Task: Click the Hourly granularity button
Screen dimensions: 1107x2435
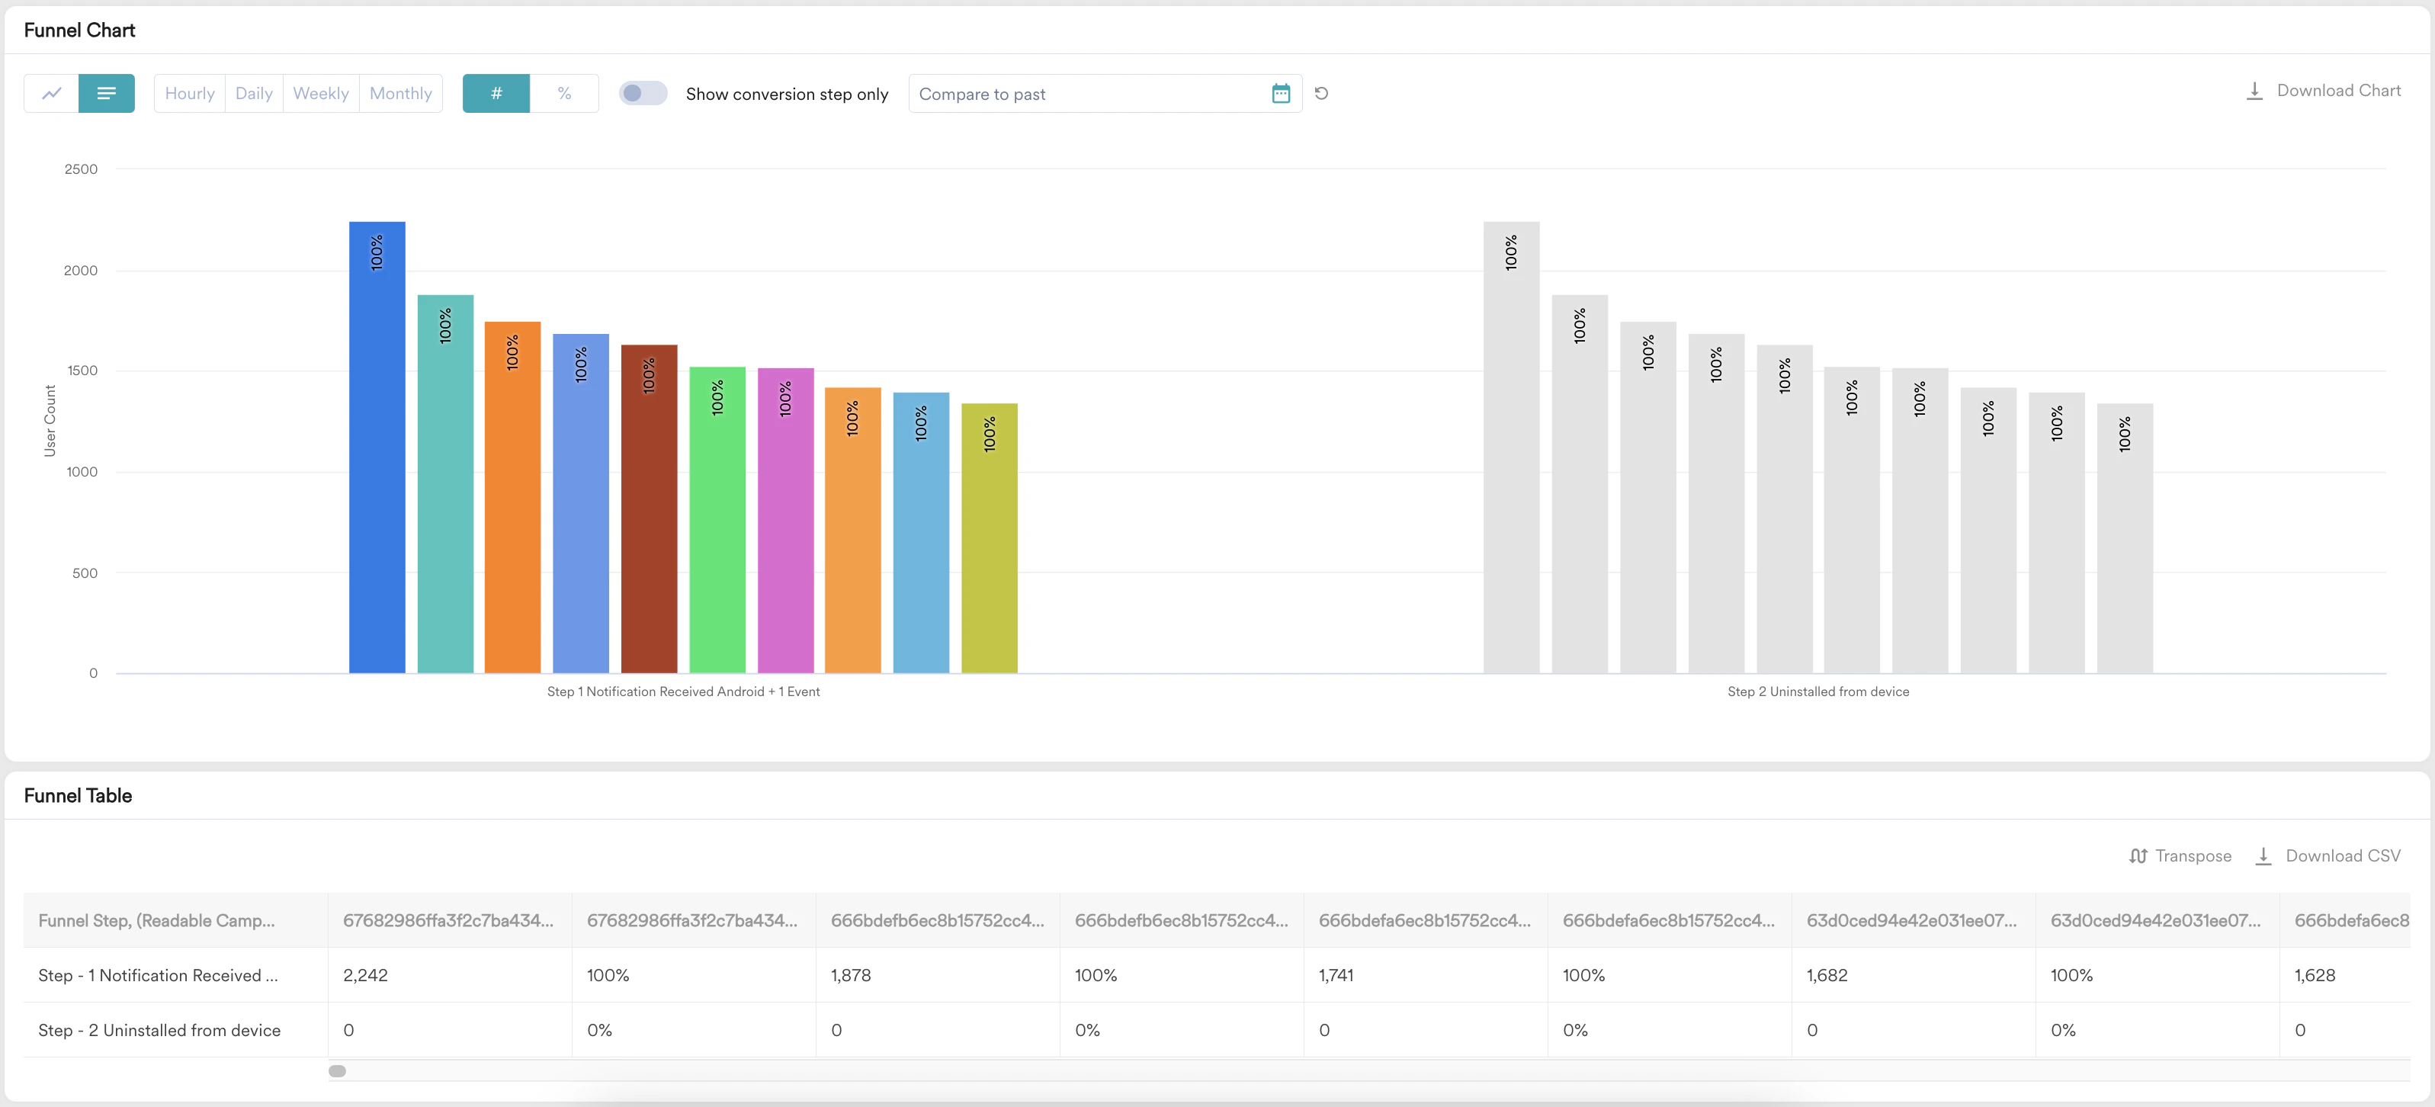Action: pyautogui.click(x=189, y=94)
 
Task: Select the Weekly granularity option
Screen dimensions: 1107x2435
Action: pyautogui.click(x=320, y=94)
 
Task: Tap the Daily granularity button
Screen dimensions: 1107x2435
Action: pyautogui.click(x=253, y=94)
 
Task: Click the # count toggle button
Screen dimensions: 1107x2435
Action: pyautogui.click(x=496, y=94)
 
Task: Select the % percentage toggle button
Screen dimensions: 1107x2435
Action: pyautogui.click(x=564, y=94)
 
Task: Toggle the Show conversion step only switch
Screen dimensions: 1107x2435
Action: pyautogui.click(x=643, y=94)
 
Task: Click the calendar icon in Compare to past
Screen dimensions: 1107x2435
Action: pyautogui.click(x=1281, y=94)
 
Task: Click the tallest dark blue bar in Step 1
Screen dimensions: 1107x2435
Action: pyautogui.click(x=377, y=454)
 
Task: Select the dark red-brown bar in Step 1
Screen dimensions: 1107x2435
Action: pyautogui.click(x=649, y=511)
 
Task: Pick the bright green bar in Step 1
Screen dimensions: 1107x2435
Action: pyautogui.click(x=717, y=520)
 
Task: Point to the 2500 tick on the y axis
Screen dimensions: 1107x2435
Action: pyautogui.click(x=82, y=169)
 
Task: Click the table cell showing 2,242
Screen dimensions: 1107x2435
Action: pyautogui.click(x=366, y=974)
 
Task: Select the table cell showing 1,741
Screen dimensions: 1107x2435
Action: pyautogui.click(x=1336, y=974)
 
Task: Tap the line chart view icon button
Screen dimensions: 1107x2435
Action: pyautogui.click(x=52, y=94)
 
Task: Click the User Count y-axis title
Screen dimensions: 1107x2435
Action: pyautogui.click(x=50, y=421)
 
